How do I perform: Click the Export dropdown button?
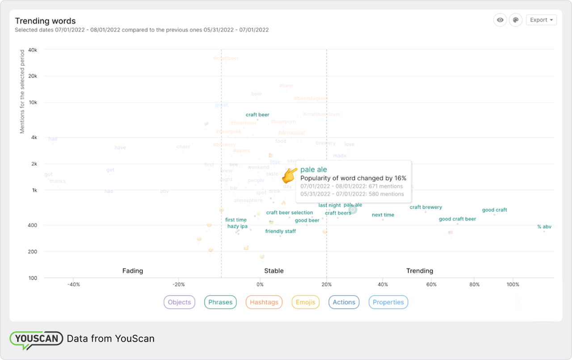(x=541, y=20)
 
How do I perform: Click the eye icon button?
(x=500, y=20)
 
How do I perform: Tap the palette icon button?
(x=515, y=20)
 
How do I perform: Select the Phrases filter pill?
(x=220, y=302)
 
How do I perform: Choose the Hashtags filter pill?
(x=264, y=302)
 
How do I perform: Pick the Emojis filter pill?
(x=306, y=302)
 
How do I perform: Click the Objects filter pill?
(x=179, y=302)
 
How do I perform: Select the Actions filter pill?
(x=344, y=302)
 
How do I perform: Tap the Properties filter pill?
(x=388, y=302)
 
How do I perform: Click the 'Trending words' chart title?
(x=45, y=21)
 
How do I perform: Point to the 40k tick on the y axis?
(x=33, y=50)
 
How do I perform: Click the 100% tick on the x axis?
(x=513, y=285)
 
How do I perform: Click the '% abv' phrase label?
(x=544, y=227)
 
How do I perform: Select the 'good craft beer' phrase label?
(x=457, y=219)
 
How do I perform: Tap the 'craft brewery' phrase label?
(x=425, y=207)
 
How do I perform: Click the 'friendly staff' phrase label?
(x=280, y=231)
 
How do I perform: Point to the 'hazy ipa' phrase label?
(x=237, y=226)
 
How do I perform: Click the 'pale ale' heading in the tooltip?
(x=314, y=170)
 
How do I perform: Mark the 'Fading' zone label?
(x=133, y=271)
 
